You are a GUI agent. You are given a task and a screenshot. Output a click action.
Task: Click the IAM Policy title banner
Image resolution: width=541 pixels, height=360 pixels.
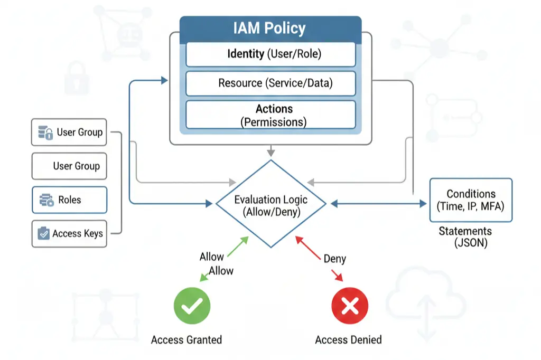(270, 29)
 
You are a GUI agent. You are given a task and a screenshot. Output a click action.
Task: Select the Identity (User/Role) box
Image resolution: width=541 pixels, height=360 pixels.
(270, 54)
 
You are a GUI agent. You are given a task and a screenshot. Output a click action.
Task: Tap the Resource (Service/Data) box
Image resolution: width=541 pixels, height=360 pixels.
(270, 83)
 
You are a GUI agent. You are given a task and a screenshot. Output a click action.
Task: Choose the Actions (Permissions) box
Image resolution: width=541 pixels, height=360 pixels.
(270, 115)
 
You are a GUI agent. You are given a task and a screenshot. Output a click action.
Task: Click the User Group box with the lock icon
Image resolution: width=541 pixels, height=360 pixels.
(69, 132)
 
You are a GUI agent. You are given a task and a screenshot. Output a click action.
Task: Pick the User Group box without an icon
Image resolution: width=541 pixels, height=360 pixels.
(69, 166)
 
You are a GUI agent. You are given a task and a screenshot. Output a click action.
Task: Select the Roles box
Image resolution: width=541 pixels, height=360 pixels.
(69, 200)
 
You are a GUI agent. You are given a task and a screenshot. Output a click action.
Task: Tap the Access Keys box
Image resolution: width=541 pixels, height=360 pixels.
(69, 233)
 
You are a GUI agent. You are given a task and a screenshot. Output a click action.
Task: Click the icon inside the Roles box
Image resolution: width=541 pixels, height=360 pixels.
(46, 200)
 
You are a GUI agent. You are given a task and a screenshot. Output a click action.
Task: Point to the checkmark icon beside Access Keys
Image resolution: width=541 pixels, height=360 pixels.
(44, 233)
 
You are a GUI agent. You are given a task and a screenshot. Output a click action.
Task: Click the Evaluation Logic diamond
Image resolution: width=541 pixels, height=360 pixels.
(270, 204)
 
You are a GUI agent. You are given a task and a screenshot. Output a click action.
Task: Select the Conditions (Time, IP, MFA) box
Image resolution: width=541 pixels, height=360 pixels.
(471, 200)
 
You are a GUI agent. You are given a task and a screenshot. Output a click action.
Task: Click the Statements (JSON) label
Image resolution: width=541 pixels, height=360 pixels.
(465, 237)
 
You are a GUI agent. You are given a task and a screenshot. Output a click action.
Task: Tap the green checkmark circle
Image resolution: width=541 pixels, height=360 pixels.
(192, 306)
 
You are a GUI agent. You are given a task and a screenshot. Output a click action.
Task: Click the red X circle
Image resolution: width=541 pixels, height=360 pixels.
(349, 306)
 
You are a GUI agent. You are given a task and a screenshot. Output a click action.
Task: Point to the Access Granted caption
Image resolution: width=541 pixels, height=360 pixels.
(186, 340)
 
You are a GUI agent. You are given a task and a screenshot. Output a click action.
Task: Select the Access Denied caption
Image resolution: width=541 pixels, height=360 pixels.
(348, 340)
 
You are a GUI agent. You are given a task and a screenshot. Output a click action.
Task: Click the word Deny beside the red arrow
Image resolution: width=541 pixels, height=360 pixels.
(334, 259)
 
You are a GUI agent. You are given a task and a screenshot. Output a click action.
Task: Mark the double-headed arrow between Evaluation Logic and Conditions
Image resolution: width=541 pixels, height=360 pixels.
(378, 203)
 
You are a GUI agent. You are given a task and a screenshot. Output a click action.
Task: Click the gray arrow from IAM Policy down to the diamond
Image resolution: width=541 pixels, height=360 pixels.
(270, 151)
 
